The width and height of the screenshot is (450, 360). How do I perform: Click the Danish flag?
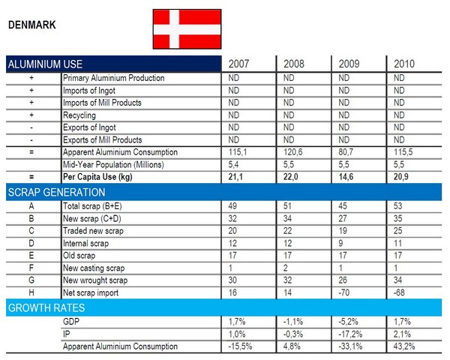click(x=187, y=28)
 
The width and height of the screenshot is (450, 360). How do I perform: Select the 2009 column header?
click(x=351, y=64)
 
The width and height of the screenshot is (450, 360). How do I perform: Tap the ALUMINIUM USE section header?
click(x=44, y=64)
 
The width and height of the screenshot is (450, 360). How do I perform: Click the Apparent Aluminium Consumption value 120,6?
click(x=295, y=151)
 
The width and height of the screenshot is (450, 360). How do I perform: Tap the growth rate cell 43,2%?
click(x=406, y=346)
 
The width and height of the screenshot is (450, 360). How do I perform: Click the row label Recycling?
click(x=81, y=115)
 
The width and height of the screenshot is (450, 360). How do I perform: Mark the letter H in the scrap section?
click(x=31, y=291)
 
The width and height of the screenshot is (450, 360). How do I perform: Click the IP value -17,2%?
click(x=352, y=334)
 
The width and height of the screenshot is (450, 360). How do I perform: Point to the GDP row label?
click(x=73, y=322)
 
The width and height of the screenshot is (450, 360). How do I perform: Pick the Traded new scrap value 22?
click(x=289, y=230)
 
